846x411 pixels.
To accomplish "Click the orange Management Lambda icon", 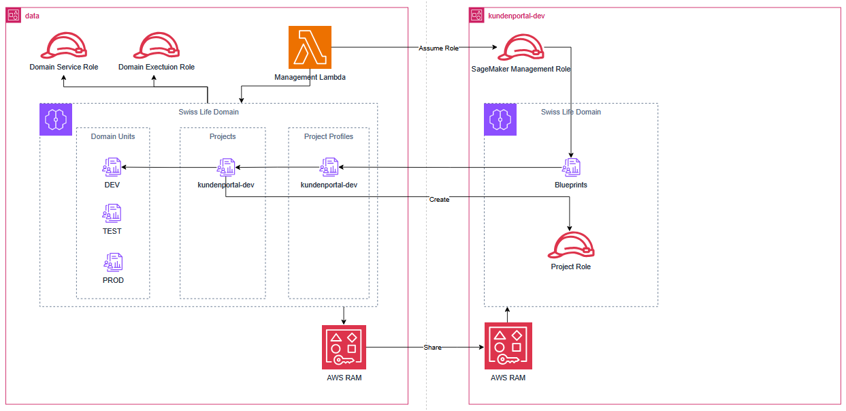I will coord(310,48).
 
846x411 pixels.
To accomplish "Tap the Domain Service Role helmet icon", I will coord(63,46).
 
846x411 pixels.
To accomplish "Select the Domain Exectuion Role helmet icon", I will coord(157,46).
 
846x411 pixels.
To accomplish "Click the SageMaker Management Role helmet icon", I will coord(521,48).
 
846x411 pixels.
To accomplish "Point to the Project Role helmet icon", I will coord(571,245).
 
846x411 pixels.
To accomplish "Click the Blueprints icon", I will coord(571,168).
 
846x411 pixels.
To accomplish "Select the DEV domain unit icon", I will coord(112,168).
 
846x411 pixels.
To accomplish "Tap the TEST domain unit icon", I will coord(112,213).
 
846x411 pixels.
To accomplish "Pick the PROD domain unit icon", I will coord(112,262).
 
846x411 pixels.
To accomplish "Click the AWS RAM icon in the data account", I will coord(344,348).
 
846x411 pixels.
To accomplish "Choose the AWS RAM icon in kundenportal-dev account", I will coord(508,346).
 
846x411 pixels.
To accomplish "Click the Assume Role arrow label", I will coord(438,48).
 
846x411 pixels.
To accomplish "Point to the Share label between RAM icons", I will coord(432,348).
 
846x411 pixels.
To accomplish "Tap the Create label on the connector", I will coord(439,200).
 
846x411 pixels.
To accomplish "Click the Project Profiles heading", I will coord(329,136).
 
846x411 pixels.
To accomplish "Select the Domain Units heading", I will coord(113,136).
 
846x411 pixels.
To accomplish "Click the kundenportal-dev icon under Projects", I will coord(226,168).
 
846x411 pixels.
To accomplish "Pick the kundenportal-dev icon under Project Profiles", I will coord(329,168).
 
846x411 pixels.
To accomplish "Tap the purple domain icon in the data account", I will coord(55,119).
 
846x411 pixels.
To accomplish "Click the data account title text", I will coord(32,15).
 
